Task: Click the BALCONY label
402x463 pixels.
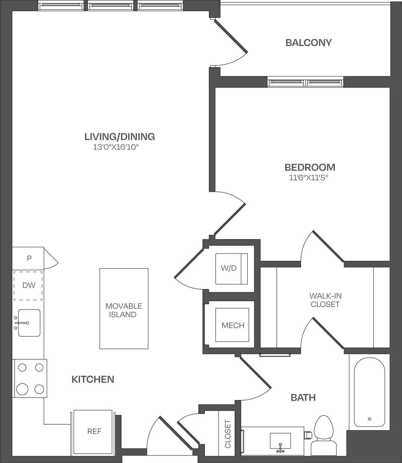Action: pyautogui.click(x=308, y=43)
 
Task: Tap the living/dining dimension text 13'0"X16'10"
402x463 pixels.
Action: pyautogui.click(x=116, y=147)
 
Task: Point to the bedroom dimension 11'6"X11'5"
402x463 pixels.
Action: pyautogui.click(x=310, y=178)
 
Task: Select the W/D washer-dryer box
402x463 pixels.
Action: pyautogui.click(x=232, y=269)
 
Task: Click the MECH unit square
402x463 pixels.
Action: pyautogui.click(x=232, y=325)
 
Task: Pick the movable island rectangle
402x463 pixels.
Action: pyautogui.click(x=124, y=309)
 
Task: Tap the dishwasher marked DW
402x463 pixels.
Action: pyautogui.click(x=28, y=285)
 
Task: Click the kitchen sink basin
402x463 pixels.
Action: pyautogui.click(x=29, y=323)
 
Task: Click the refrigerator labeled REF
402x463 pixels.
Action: pyautogui.click(x=94, y=432)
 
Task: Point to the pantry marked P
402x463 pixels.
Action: pyautogui.click(x=29, y=258)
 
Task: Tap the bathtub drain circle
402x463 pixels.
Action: pyautogui.click(x=369, y=419)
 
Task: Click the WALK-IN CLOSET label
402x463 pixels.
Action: pyautogui.click(x=325, y=300)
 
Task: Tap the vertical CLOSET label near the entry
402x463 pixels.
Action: pyautogui.click(x=228, y=434)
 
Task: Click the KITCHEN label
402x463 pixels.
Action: pyautogui.click(x=93, y=379)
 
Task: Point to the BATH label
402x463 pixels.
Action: pyautogui.click(x=303, y=398)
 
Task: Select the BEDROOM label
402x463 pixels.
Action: pyautogui.click(x=310, y=167)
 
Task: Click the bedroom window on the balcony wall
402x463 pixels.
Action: pyautogui.click(x=305, y=82)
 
